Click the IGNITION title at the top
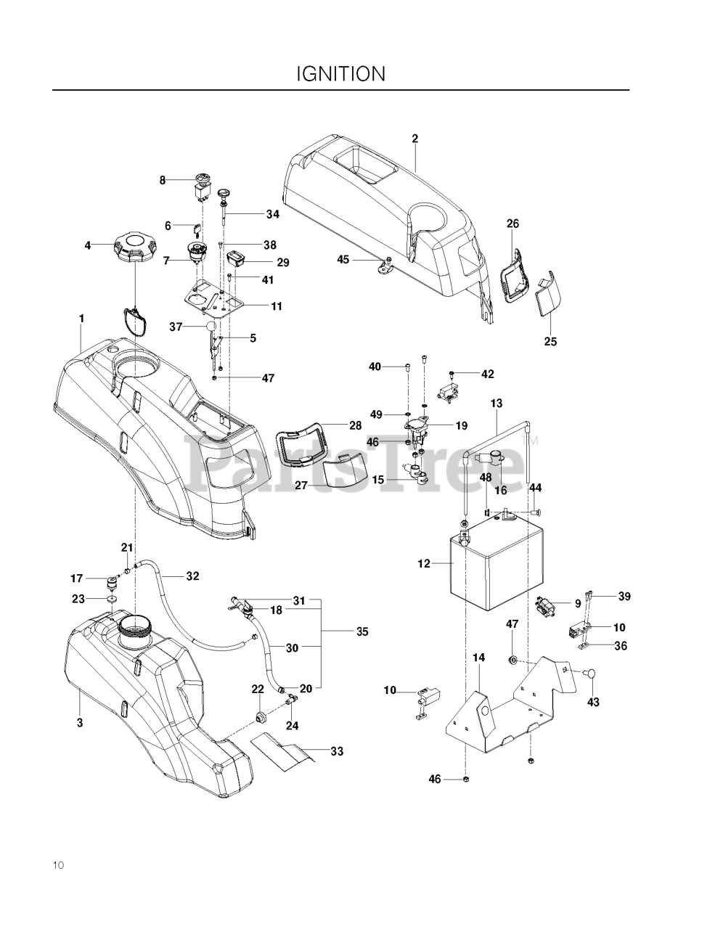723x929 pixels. tap(340, 74)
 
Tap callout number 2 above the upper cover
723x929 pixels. tap(415, 137)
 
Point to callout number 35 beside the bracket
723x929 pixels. tap(362, 632)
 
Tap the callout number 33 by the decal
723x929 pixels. tap(336, 752)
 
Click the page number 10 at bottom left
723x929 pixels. tap(58, 864)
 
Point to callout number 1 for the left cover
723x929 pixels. tap(82, 318)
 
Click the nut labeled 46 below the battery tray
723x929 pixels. tap(465, 780)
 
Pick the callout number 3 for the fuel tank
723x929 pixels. tap(80, 722)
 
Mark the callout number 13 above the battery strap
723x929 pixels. tap(497, 402)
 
